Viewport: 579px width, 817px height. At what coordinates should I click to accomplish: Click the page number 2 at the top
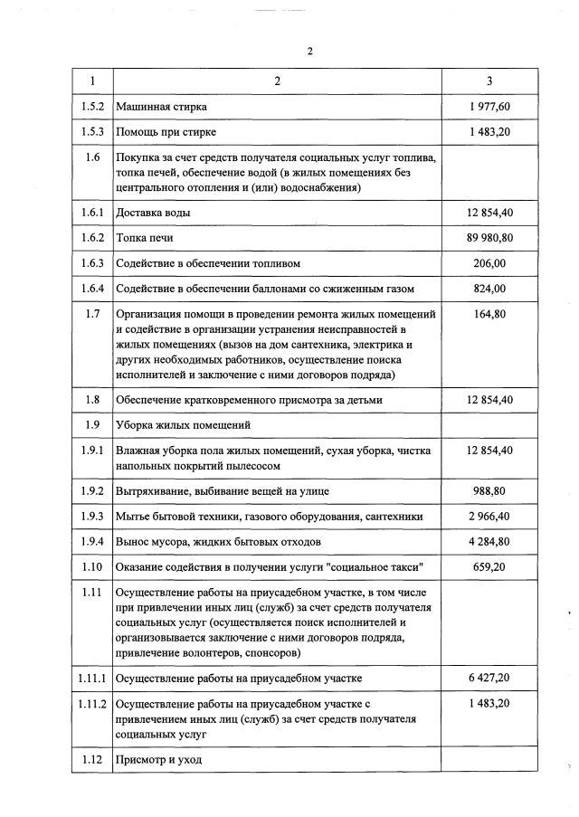(308, 51)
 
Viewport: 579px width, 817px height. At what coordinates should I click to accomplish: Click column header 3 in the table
(489, 81)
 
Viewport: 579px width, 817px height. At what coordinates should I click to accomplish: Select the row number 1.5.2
(91, 107)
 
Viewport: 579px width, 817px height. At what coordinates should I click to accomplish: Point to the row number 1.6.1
(91, 213)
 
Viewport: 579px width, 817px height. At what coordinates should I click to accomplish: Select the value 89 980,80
(489, 237)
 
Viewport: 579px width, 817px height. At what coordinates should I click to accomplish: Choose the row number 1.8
(91, 399)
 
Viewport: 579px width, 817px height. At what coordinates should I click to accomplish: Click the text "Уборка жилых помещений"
(183, 424)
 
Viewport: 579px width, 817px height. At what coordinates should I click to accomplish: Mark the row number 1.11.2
(91, 703)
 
